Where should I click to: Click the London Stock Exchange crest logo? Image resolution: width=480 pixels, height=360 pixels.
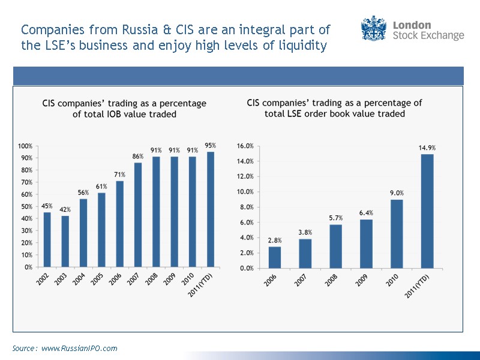[x=374, y=29]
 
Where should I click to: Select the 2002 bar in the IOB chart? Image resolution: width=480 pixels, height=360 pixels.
[x=46, y=239]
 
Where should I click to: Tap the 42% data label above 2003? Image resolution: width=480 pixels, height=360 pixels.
[x=64, y=210]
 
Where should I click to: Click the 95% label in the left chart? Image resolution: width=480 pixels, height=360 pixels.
[x=210, y=145]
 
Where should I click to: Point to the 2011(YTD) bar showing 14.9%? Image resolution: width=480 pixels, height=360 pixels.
[x=427, y=211]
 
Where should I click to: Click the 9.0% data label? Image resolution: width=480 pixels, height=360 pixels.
[x=397, y=193]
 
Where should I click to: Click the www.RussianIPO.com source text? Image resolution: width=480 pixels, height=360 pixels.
[x=79, y=348]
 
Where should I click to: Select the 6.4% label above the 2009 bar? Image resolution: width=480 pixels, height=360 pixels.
[x=366, y=212]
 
